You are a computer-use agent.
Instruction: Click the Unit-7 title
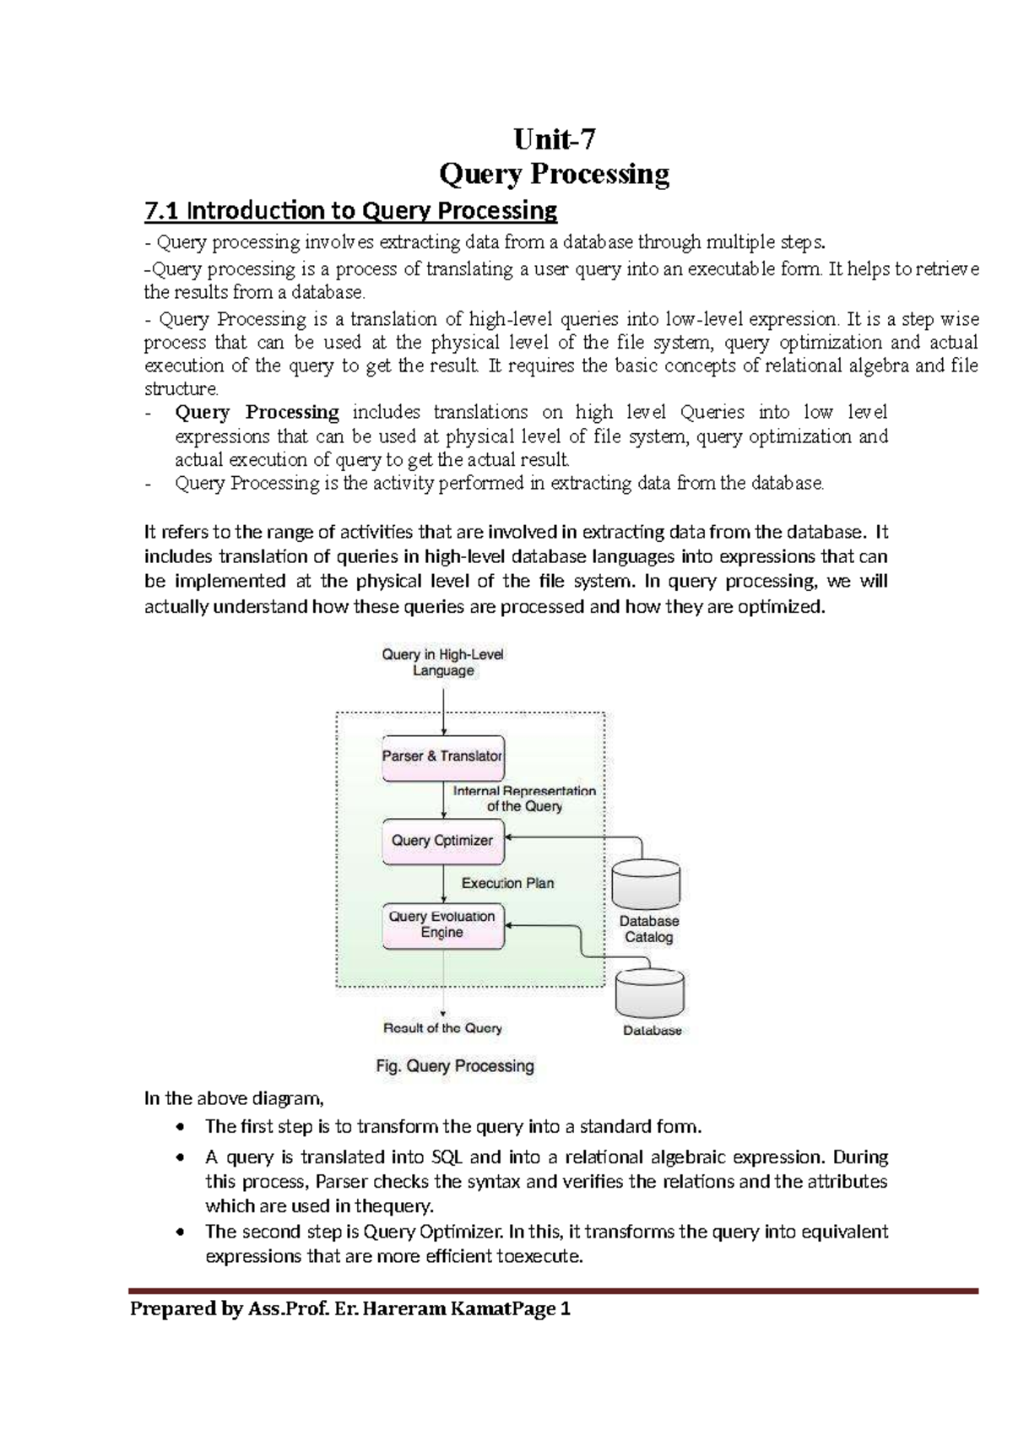click(555, 138)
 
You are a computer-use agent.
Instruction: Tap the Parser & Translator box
click(442, 756)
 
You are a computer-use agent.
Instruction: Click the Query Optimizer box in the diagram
click(442, 841)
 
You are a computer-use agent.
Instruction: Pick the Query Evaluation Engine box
click(442, 925)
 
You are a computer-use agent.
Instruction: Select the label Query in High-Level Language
click(442, 663)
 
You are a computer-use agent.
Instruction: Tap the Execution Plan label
click(507, 883)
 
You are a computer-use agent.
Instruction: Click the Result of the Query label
click(442, 1028)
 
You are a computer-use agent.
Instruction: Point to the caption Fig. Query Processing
click(455, 1066)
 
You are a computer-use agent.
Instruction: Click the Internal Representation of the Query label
click(524, 799)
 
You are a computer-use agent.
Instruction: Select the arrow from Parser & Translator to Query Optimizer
click(444, 800)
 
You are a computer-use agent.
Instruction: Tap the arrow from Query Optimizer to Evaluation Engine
click(444, 884)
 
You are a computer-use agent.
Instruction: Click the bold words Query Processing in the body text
click(257, 413)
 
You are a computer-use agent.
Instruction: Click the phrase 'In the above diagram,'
click(234, 1099)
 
